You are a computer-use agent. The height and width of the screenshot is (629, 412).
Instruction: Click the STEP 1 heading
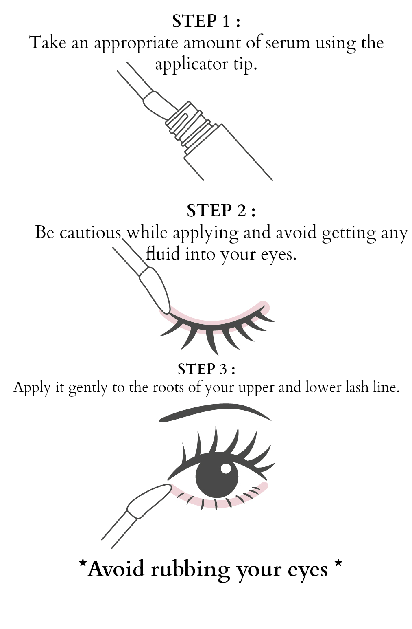tap(206, 21)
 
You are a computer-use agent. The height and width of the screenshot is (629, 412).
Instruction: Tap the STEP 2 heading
tap(221, 211)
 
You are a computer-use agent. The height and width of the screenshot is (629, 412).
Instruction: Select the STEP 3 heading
tap(207, 369)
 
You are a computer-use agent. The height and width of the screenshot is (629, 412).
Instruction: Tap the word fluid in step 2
tap(163, 254)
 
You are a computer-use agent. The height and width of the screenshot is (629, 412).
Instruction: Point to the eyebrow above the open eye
tap(215, 413)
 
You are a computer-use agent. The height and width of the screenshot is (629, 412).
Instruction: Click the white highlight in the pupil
tap(226, 468)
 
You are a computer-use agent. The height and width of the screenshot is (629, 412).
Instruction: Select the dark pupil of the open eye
tap(217, 477)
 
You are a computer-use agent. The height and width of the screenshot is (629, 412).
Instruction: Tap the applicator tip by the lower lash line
tap(148, 501)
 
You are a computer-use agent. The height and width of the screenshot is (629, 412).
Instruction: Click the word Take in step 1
tap(48, 43)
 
